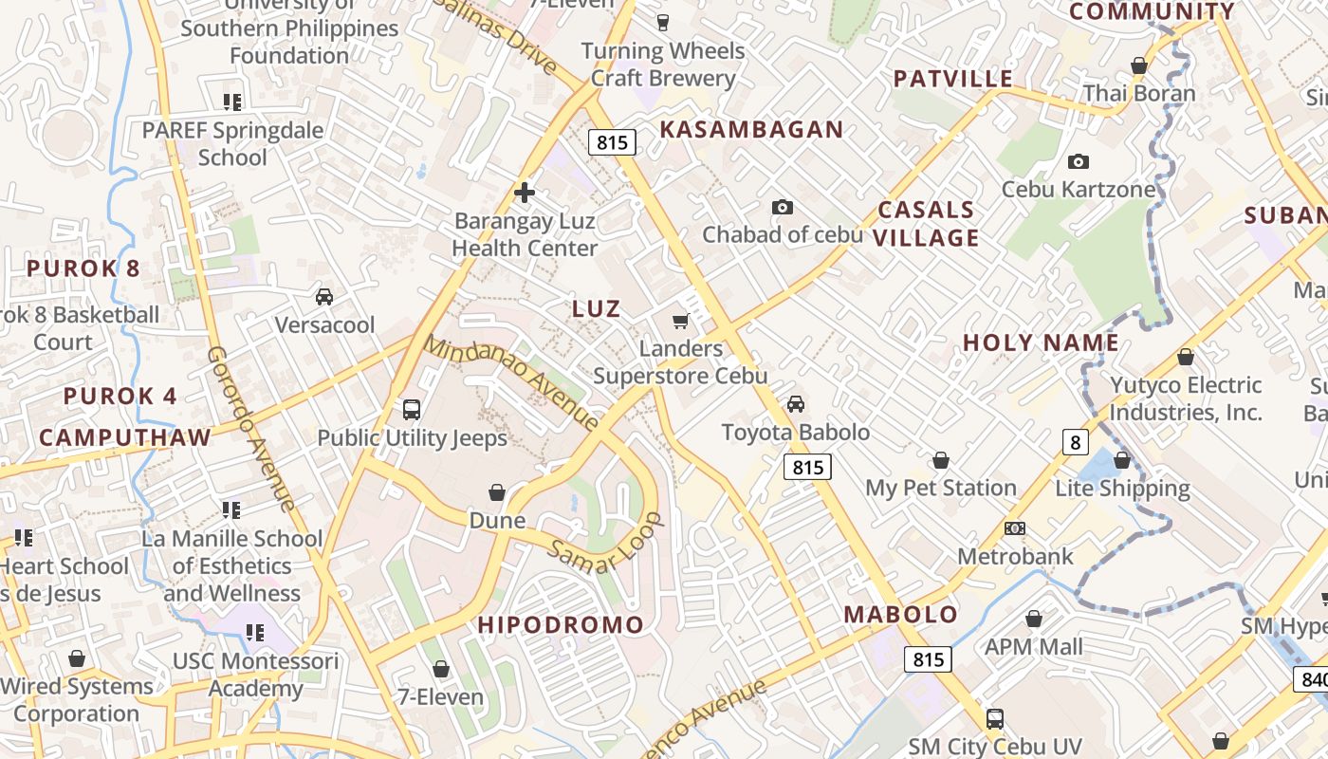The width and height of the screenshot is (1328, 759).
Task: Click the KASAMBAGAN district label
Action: point(751,130)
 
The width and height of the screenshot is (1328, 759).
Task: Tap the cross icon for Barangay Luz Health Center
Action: point(524,194)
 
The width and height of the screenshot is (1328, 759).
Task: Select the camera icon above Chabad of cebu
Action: point(782,207)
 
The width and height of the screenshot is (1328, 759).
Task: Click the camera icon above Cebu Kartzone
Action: point(1079,162)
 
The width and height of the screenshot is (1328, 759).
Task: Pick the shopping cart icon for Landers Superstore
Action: point(680,322)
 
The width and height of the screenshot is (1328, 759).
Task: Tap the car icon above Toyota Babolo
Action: point(795,404)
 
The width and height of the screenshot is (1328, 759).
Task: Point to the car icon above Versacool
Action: point(324,297)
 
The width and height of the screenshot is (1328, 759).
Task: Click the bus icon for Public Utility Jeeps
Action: point(412,410)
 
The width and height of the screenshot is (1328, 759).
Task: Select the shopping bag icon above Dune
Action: point(497,492)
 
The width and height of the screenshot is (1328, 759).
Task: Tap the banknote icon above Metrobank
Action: point(1014,528)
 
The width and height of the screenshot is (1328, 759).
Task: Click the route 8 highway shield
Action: point(1074,442)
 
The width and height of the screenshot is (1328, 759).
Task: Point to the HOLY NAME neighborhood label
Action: point(1041,343)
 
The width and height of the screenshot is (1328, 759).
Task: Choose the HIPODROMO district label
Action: point(561,625)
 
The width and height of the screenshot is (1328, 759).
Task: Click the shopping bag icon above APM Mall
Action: point(1033,620)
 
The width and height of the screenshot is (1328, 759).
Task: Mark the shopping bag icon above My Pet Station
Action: point(940,460)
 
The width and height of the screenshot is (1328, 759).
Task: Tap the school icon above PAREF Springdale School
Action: point(232,102)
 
